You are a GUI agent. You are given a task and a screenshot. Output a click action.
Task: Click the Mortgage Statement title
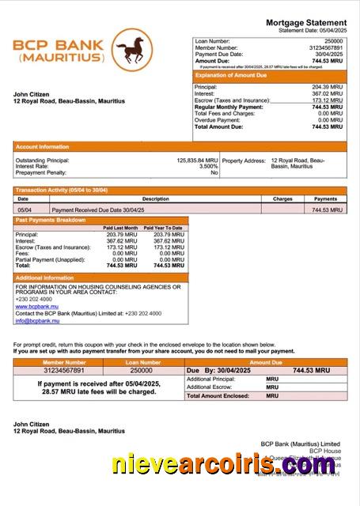click(306, 22)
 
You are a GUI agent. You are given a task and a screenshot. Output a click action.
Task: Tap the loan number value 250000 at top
click(334, 40)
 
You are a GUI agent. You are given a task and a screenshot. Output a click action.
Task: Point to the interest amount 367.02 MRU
click(327, 93)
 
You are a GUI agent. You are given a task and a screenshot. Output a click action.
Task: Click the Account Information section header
click(42, 147)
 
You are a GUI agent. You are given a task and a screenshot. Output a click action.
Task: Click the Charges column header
click(282, 199)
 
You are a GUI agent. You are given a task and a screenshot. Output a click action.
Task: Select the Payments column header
click(325, 199)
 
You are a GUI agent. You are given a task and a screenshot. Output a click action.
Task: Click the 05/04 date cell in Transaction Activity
click(24, 210)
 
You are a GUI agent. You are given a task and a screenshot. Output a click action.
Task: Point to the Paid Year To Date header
click(163, 228)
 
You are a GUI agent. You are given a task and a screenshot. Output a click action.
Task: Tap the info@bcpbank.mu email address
click(37, 320)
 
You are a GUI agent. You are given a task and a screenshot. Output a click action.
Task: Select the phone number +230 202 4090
click(34, 299)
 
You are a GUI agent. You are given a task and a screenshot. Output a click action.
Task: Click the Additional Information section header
click(44, 278)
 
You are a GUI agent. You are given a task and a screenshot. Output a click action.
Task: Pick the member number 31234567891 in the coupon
click(54, 370)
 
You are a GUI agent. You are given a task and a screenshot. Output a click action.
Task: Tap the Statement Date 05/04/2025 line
click(313, 30)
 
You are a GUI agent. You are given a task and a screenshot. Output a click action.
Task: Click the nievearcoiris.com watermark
click(223, 465)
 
